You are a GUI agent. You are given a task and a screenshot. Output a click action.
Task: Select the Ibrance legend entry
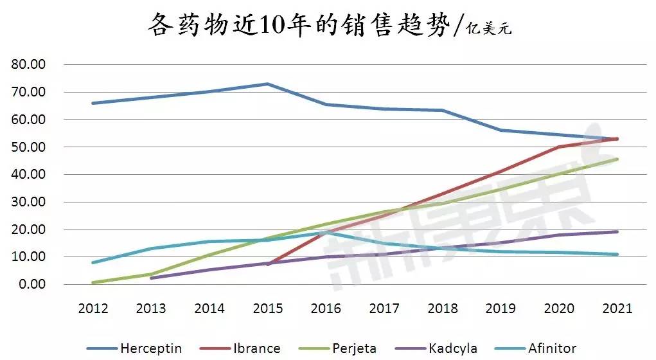254,348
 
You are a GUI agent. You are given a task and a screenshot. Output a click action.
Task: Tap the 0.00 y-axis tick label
31,284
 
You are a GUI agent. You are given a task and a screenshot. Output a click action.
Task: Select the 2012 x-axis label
93,308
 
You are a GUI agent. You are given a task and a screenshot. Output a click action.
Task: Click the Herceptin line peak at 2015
267,84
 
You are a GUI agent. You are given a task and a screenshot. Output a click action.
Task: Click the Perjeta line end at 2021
617,159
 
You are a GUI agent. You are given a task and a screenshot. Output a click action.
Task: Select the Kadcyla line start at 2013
151,278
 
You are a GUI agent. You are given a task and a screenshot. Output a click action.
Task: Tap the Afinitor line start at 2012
93,262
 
